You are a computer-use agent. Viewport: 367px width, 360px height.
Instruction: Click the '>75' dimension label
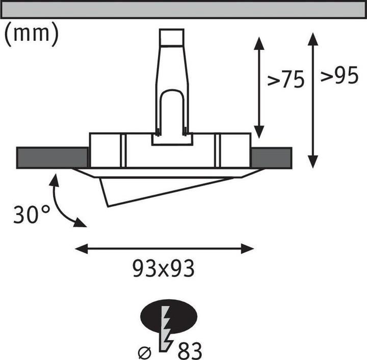pos(286,80)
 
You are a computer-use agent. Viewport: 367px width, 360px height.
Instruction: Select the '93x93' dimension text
pos(164,268)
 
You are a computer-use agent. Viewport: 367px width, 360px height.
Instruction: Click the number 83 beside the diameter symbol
pos(190,350)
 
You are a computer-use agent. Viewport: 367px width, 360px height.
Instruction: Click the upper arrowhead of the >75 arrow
pos(259,44)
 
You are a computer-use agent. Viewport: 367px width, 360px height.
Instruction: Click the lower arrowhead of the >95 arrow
pos(313,161)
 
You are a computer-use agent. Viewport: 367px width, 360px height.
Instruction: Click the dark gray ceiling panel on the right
pos(271,157)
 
